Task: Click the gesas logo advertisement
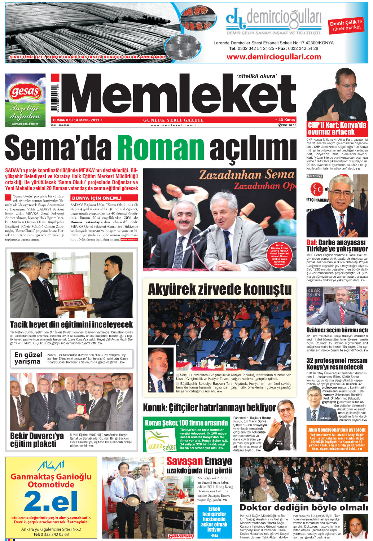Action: (25, 100)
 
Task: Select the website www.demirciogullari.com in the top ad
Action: (273, 57)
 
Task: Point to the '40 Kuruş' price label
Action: (285, 120)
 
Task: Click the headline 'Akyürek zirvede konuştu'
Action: (219, 289)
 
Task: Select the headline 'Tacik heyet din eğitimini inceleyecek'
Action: (71, 325)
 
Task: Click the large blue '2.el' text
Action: (51, 501)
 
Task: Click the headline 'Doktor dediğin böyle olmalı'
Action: (304, 507)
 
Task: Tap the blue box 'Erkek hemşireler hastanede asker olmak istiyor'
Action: (214, 522)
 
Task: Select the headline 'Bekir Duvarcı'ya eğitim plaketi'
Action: (36, 440)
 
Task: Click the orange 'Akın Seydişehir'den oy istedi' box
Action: (337, 439)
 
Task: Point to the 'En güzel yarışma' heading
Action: (28, 358)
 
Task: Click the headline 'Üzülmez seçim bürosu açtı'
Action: (337, 330)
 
